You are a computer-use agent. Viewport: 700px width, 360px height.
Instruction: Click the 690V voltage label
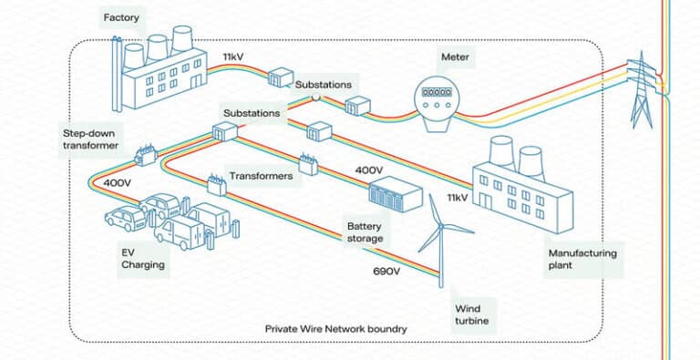[x=387, y=272]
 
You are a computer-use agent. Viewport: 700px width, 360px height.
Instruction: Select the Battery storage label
[x=365, y=232]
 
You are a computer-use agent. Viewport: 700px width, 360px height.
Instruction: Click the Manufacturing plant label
[x=582, y=259]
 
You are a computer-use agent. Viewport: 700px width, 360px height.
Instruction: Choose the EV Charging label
[x=143, y=259]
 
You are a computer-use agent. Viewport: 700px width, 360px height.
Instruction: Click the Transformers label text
[x=261, y=176]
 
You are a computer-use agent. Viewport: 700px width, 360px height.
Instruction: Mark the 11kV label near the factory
[x=233, y=57]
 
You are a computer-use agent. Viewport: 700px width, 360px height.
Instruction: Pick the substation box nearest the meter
[x=357, y=107]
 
